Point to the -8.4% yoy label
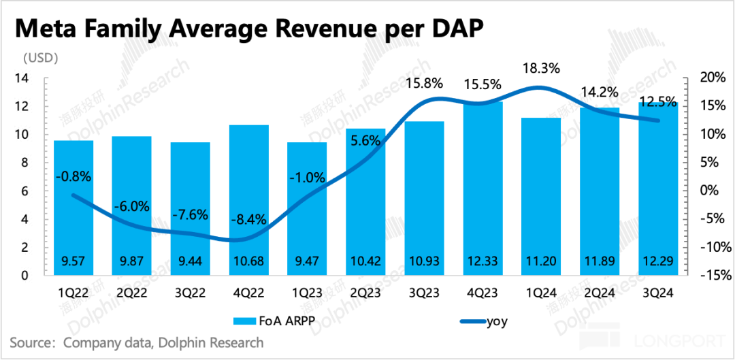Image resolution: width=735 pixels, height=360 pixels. click(x=248, y=220)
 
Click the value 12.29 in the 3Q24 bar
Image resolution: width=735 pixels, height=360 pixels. click(x=657, y=263)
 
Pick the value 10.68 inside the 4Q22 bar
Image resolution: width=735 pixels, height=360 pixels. click(x=248, y=263)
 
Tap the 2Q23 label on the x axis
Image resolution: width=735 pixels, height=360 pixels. click(x=365, y=295)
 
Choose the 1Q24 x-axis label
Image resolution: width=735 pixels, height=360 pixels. click(x=541, y=295)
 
